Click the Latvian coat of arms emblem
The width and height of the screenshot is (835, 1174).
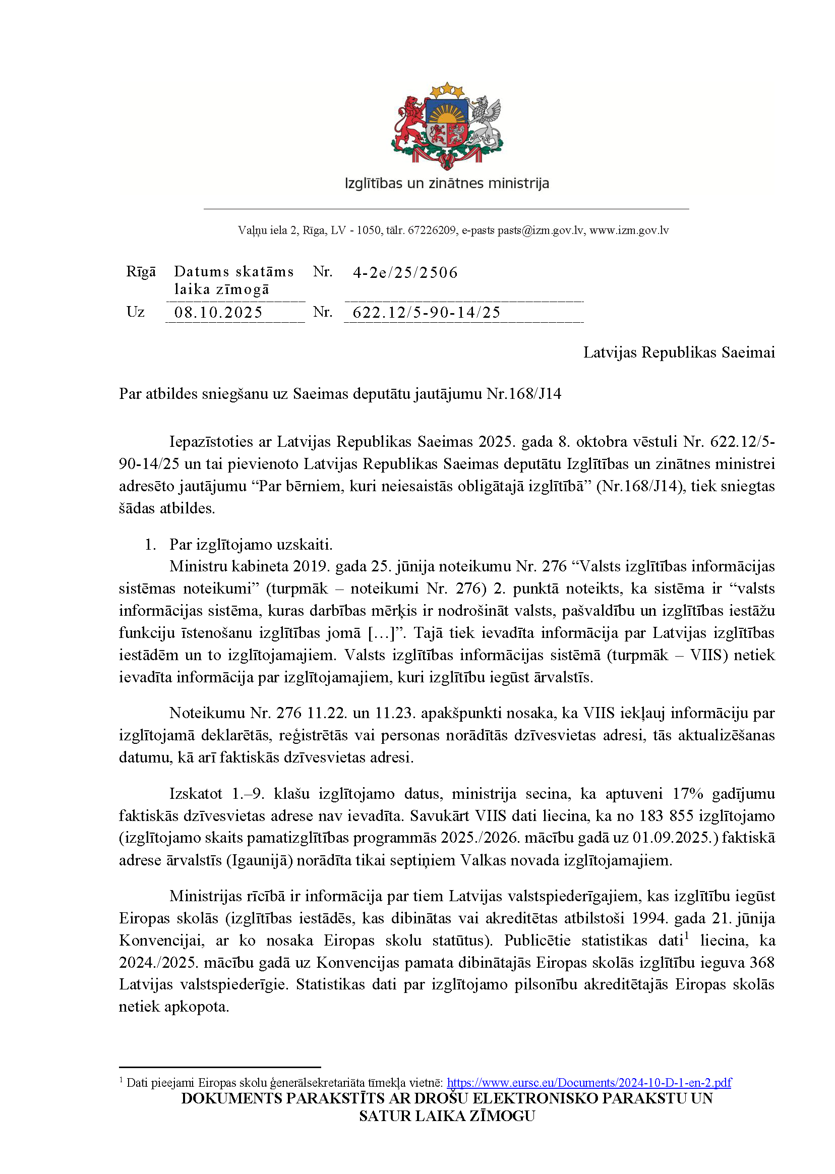(x=447, y=127)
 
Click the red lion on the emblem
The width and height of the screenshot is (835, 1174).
(x=410, y=123)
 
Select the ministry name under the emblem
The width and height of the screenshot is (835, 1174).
(x=447, y=184)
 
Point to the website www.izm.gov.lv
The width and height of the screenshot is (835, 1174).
(x=629, y=230)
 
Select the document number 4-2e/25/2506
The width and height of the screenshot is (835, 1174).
(x=405, y=272)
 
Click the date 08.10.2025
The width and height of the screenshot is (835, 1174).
(x=218, y=313)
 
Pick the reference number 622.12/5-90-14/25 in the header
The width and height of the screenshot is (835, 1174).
(x=426, y=313)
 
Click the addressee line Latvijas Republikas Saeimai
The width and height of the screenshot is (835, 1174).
(x=679, y=353)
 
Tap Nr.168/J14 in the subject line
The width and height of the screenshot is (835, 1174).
(x=523, y=394)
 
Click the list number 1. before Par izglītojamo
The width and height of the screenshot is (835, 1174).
(x=151, y=545)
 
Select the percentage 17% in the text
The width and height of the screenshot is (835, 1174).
(x=687, y=794)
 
